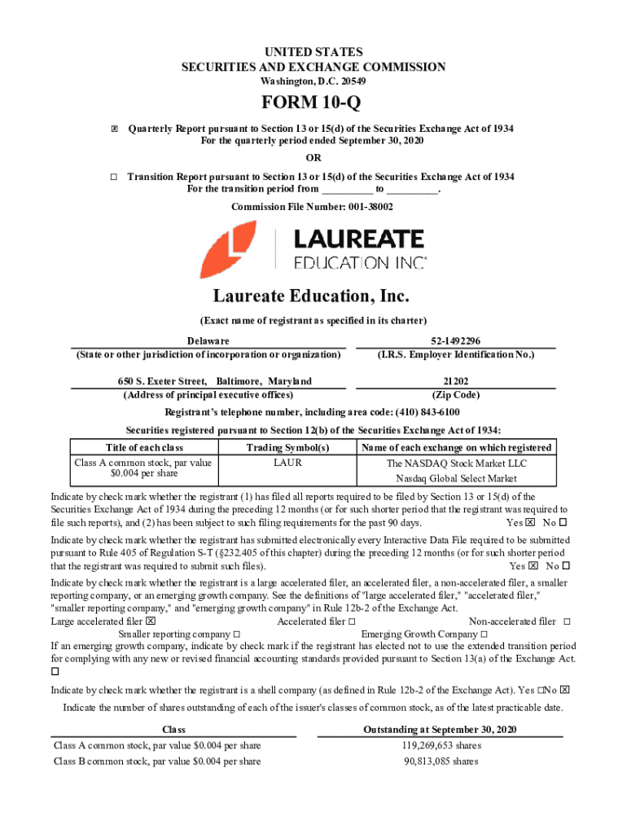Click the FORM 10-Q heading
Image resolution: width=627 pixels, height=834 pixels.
click(x=313, y=105)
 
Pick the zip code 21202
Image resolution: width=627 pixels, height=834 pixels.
click(x=454, y=381)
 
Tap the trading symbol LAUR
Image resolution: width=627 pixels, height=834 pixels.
click(x=287, y=463)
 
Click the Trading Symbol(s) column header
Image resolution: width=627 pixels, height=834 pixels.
click(x=287, y=447)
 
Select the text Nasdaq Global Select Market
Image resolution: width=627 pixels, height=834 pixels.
click(x=456, y=478)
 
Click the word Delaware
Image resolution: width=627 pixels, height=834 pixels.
click(x=208, y=340)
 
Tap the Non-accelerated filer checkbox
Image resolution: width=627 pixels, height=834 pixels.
click(x=567, y=621)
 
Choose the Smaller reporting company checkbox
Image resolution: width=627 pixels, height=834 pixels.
click(x=236, y=634)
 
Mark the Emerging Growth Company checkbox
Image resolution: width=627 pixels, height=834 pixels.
click(x=484, y=634)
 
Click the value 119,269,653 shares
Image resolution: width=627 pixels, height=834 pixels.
click(x=441, y=745)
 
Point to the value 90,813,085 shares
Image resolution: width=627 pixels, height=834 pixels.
click(x=441, y=762)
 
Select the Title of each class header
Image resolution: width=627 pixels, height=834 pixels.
click(x=144, y=447)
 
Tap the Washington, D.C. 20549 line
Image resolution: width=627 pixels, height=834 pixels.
click(x=313, y=82)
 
